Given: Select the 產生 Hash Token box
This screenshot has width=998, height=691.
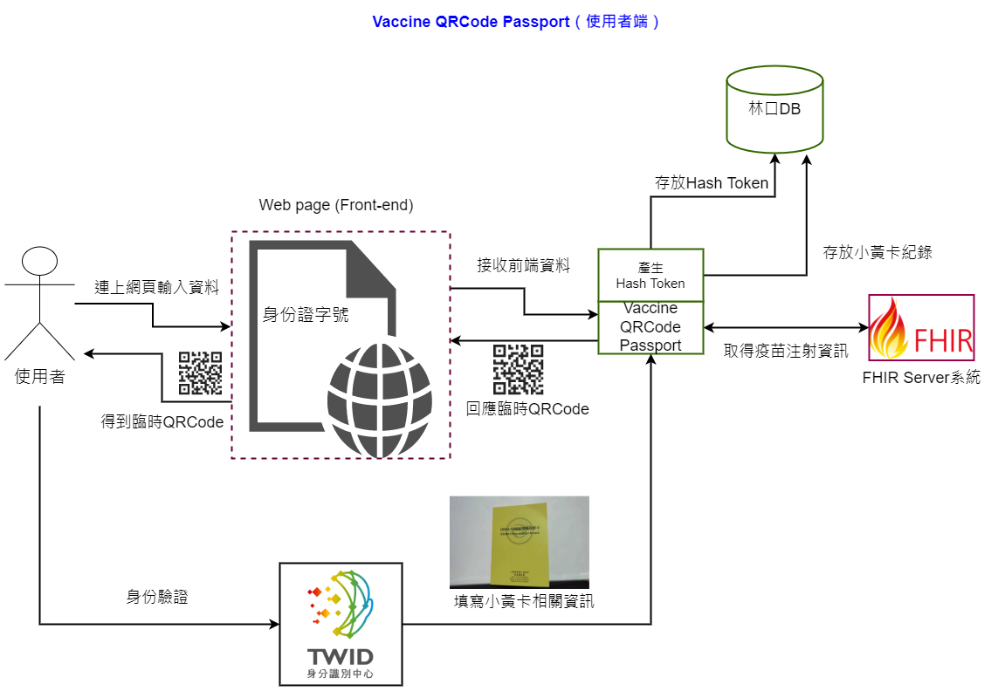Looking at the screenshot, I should click(x=650, y=275).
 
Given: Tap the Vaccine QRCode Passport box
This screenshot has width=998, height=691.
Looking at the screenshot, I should click(x=650, y=327).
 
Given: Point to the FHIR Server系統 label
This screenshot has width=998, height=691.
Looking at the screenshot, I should click(x=921, y=378).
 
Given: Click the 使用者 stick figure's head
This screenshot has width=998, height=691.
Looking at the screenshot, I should click(x=40, y=262).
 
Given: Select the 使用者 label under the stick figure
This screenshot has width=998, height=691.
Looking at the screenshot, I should click(x=40, y=377).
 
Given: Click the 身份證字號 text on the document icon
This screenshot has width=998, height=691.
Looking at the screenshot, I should click(x=306, y=314).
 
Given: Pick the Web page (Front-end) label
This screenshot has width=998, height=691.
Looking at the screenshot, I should click(x=336, y=205).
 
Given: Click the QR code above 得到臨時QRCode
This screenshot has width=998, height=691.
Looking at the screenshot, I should click(x=201, y=373).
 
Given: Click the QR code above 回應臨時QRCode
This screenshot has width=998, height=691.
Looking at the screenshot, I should click(x=519, y=369).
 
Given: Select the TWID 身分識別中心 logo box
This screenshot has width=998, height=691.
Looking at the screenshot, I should click(x=341, y=624).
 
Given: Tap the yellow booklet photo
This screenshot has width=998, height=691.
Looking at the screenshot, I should click(x=519, y=542).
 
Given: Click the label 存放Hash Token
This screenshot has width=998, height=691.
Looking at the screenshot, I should click(x=712, y=183).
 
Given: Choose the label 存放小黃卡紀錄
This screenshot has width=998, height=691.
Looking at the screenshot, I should click(x=878, y=252).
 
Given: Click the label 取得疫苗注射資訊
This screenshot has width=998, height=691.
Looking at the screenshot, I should click(x=786, y=352).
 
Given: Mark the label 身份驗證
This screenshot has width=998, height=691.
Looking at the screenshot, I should click(x=157, y=598).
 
